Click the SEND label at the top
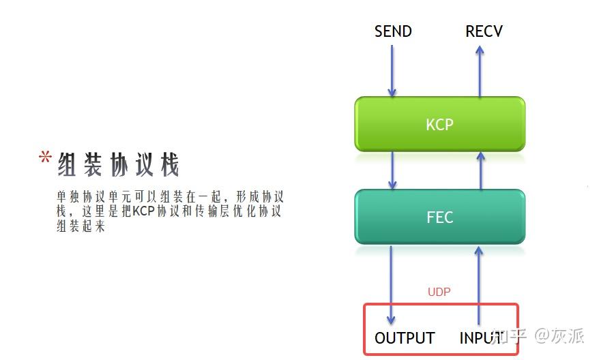(393, 31)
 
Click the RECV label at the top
(484, 31)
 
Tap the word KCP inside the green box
(439, 125)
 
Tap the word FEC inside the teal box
(439, 218)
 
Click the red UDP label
(439, 292)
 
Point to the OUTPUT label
(405, 338)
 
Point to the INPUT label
(481, 338)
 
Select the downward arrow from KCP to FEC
(392, 170)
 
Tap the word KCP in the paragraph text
(144, 211)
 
